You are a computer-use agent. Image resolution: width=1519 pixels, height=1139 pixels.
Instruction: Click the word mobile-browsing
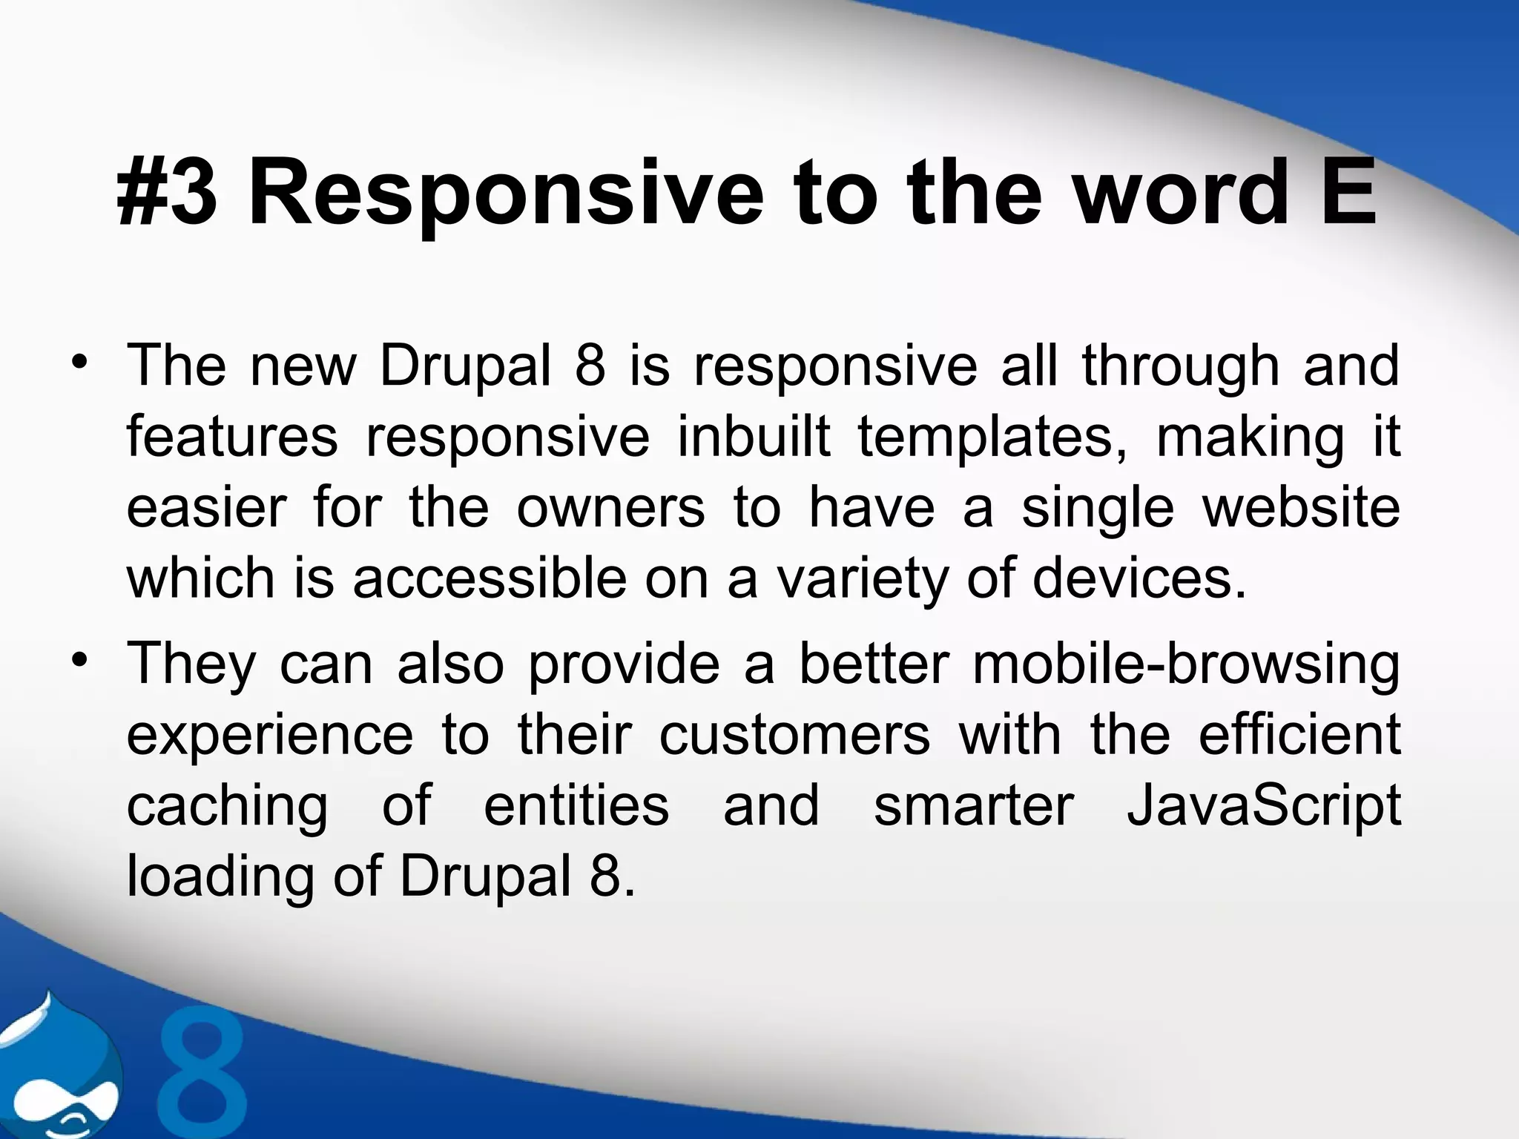1186,664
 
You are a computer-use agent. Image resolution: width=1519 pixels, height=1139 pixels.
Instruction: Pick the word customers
794,735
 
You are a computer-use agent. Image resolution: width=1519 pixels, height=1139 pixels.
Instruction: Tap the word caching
227,808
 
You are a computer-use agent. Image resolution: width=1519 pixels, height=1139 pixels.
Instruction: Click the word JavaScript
1263,808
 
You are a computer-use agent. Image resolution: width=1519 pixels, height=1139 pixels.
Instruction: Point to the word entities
576,806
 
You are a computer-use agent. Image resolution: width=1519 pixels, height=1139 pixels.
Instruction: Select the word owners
610,509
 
